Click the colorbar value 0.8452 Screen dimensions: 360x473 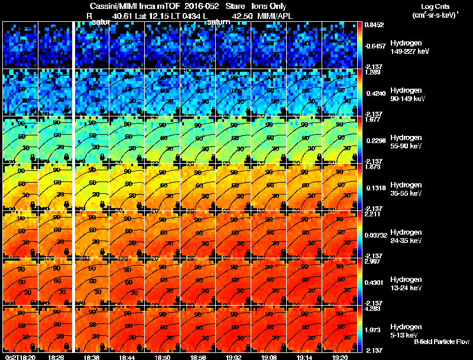coord(374,25)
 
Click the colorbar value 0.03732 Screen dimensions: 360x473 coord(377,235)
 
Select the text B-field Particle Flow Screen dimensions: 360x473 coord(441,342)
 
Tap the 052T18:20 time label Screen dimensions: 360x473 coord(18,357)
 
